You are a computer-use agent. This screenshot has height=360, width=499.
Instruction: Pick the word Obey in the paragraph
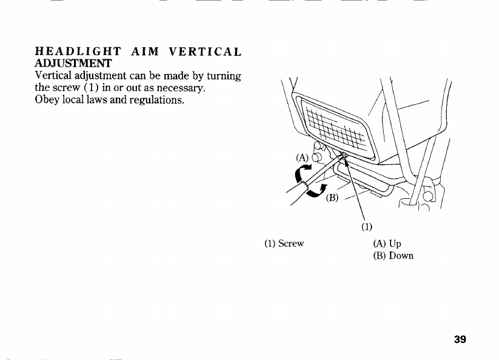48,100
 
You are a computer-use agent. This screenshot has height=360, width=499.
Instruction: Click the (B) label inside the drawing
333,198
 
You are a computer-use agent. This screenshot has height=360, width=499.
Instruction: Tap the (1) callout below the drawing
366,228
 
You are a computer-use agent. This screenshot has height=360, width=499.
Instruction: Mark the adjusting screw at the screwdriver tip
343,156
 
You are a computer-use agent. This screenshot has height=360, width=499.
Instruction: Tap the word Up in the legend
395,244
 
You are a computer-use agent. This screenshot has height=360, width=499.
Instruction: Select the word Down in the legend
401,256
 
